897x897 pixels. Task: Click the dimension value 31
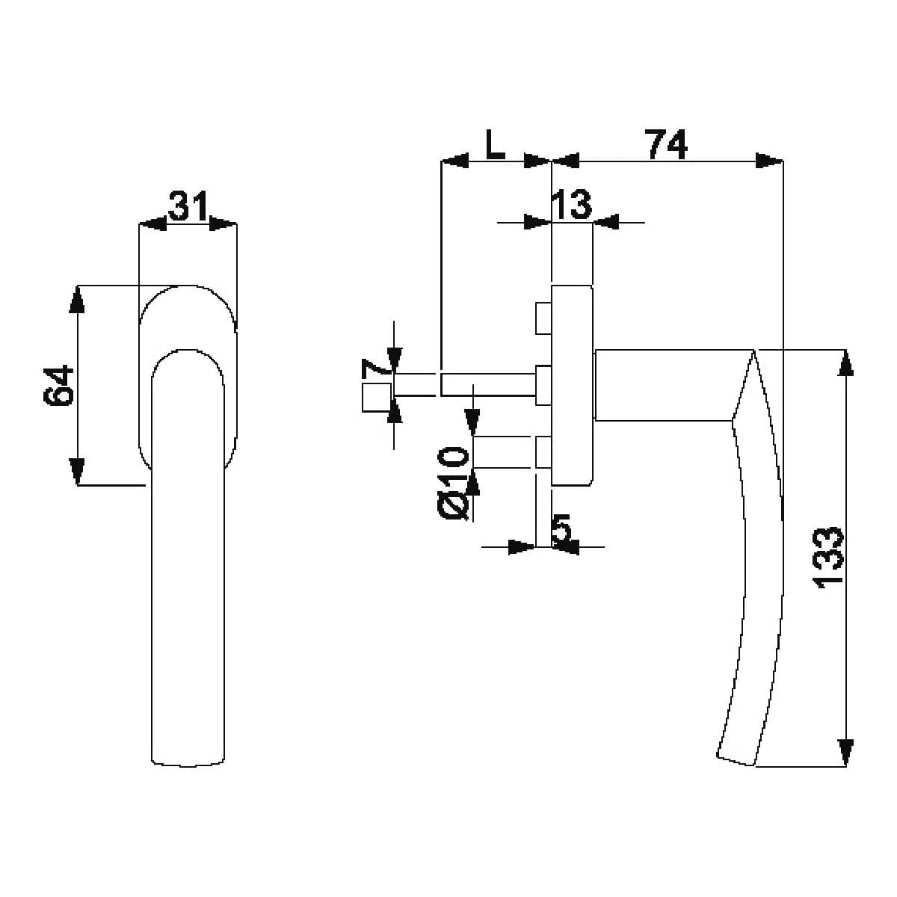(x=188, y=206)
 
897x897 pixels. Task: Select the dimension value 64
(x=58, y=386)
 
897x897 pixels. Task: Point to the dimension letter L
(x=495, y=144)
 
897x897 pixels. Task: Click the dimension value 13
(x=571, y=204)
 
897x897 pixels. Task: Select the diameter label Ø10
(x=454, y=483)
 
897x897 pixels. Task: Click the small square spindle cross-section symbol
(x=377, y=398)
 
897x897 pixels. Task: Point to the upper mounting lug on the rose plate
(x=543, y=318)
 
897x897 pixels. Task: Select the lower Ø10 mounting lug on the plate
(x=543, y=452)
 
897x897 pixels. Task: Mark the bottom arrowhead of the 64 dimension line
(x=77, y=472)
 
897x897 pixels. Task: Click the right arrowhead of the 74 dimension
(x=769, y=161)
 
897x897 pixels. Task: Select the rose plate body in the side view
(x=572, y=386)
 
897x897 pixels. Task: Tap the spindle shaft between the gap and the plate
(x=488, y=384)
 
